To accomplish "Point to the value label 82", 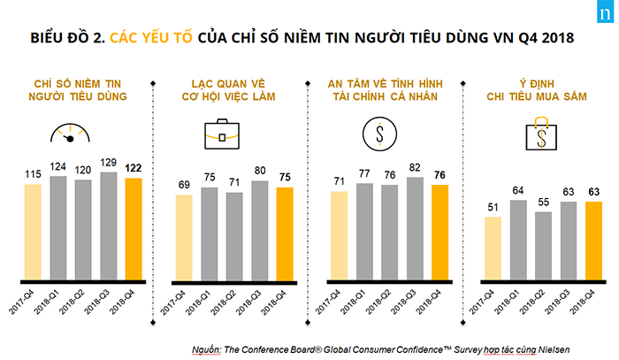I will tap(414, 166).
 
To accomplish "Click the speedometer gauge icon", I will tap(71, 134).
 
